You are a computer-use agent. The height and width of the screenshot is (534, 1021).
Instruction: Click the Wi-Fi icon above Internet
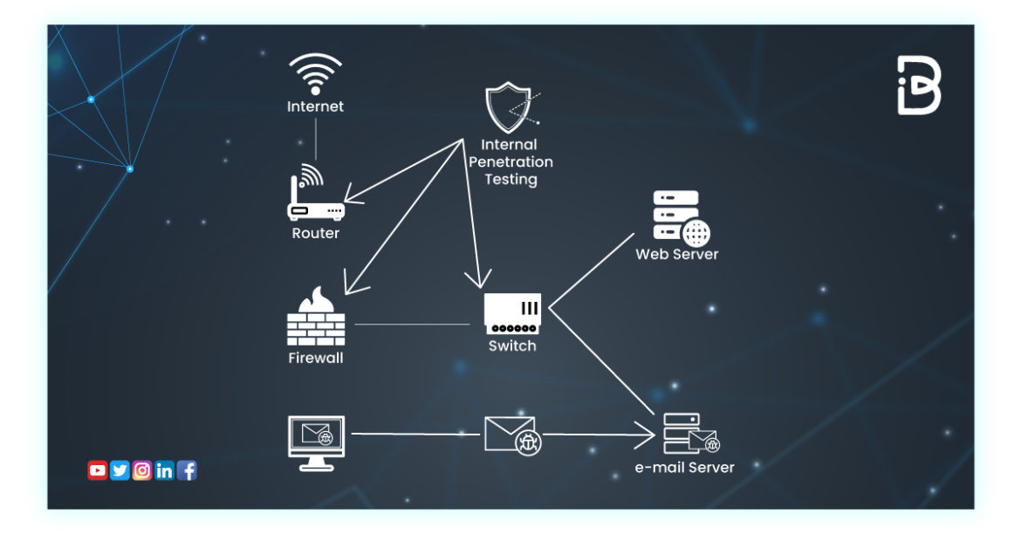click(x=316, y=74)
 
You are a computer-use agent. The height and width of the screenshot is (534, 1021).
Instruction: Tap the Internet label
click(x=316, y=106)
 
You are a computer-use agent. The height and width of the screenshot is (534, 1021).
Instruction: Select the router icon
click(x=316, y=196)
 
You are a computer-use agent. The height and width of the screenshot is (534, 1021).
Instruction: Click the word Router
click(x=316, y=234)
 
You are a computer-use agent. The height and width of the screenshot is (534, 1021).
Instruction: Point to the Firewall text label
click(x=316, y=358)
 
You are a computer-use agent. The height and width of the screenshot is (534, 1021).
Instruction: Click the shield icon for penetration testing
click(x=510, y=107)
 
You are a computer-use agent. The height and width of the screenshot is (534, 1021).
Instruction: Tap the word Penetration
click(x=511, y=162)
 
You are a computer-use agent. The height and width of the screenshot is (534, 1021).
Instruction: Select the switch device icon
click(x=512, y=314)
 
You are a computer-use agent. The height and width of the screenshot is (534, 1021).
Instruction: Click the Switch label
click(x=512, y=346)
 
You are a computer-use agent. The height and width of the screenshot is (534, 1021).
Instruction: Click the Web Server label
click(x=677, y=255)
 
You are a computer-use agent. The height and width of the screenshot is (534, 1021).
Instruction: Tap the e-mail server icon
click(x=689, y=434)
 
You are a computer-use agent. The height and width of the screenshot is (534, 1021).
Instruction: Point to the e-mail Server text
click(x=685, y=468)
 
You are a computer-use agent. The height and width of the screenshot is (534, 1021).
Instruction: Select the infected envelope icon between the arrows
click(x=511, y=435)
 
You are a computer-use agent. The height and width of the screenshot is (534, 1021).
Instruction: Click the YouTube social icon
click(x=97, y=471)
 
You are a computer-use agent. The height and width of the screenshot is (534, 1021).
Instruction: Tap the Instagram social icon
click(x=142, y=471)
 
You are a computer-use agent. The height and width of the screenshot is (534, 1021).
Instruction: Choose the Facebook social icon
click(x=187, y=471)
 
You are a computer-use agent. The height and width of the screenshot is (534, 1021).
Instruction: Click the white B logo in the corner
click(x=919, y=86)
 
